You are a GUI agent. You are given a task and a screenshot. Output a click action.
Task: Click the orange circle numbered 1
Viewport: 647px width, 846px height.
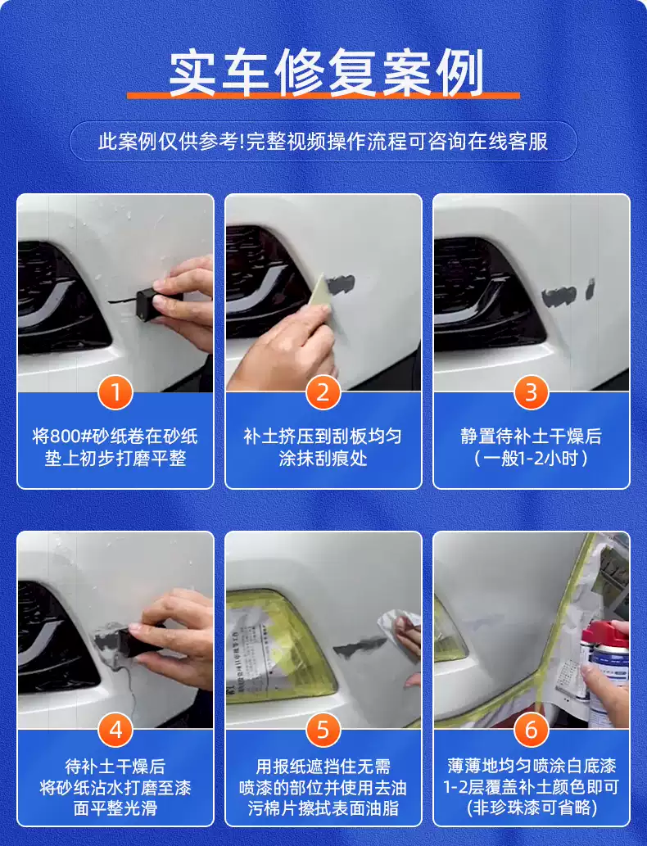[x=115, y=392]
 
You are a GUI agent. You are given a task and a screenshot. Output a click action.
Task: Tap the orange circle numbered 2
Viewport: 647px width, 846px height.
[x=323, y=392]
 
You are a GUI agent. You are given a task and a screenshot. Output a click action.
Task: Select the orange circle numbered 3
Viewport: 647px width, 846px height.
[x=531, y=392]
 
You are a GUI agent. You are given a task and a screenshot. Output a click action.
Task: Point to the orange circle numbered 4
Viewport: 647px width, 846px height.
[x=115, y=730]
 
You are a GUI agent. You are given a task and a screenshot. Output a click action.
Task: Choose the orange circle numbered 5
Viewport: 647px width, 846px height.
[x=323, y=730]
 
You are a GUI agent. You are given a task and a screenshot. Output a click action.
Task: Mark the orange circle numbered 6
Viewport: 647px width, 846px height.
[x=531, y=730]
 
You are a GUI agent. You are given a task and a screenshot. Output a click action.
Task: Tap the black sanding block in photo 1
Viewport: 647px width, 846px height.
[x=149, y=303]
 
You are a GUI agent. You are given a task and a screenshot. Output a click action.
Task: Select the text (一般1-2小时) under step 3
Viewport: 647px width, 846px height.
[x=531, y=459]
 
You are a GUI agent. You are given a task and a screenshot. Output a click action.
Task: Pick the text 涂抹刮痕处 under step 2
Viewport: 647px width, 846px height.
[x=323, y=459]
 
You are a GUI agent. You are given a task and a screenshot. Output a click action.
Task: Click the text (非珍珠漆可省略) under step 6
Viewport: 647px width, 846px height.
[x=532, y=808]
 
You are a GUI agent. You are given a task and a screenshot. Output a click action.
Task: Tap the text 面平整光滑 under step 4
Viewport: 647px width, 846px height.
[x=115, y=808]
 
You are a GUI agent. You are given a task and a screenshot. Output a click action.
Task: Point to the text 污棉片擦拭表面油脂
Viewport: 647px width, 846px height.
[x=323, y=808]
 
